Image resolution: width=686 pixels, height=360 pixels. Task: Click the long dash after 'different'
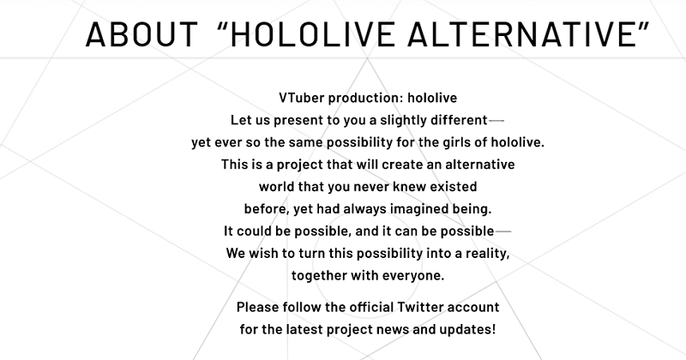click(x=496, y=119)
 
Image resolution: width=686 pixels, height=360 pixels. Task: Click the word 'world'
click(x=279, y=186)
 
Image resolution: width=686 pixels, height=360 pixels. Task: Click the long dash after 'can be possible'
click(x=503, y=231)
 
